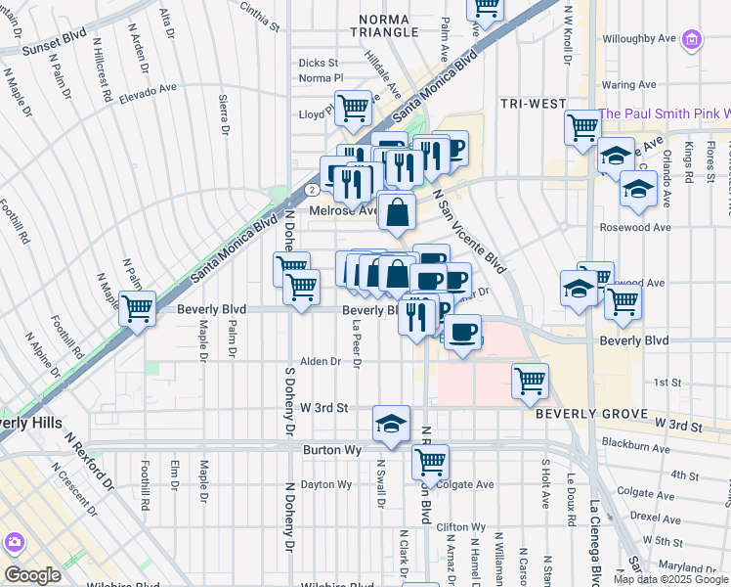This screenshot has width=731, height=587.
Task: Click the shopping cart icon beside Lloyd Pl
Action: tap(352, 108)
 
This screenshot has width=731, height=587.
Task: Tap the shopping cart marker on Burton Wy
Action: tap(429, 460)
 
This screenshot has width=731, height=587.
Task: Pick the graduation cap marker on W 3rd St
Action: tap(391, 423)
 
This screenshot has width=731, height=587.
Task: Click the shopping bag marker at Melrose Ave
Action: tap(398, 211)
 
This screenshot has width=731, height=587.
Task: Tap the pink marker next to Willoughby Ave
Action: tap(692, 40)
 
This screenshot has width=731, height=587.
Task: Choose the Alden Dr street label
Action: tap(321, 361)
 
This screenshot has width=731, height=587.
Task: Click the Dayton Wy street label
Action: tap(325, 484)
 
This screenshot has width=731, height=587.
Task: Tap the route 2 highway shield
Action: tap(310, 189)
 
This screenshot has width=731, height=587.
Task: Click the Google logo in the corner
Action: tap(32, 575)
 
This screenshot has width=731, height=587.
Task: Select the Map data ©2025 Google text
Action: tap(669, 579)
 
